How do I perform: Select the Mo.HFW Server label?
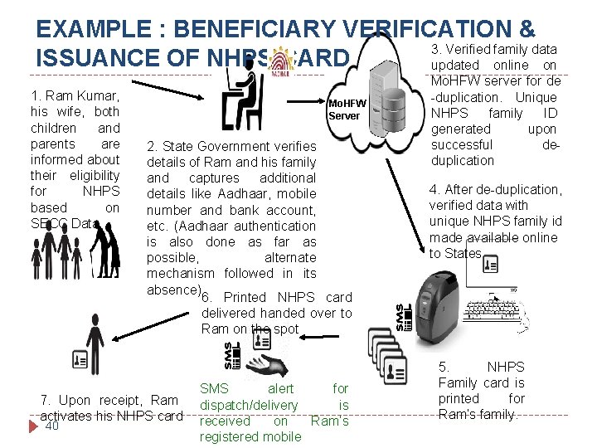[x=346, y=110]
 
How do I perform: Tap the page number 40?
[x=51, y=426]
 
